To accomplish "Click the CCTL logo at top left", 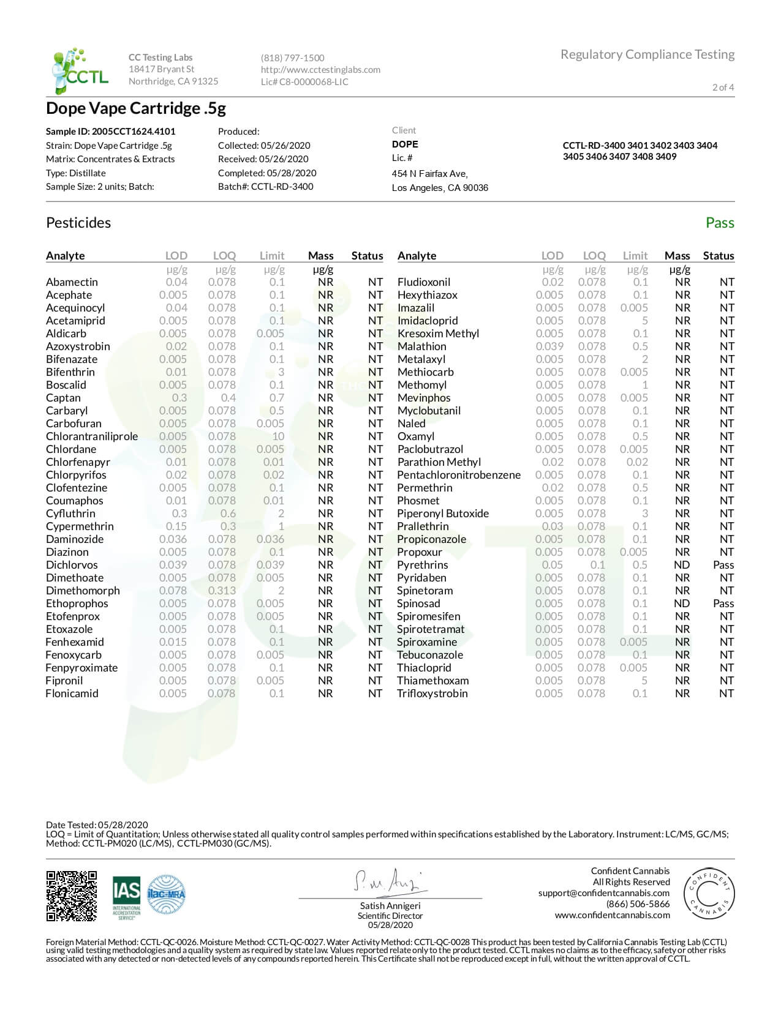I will pyautogui.click(x=80, y=70).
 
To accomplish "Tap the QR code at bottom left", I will pyautogui.click(x=72, y=896).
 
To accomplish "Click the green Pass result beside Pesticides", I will pyautogui.click(x=719, y=223).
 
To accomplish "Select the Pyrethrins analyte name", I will pyautogui.click(x=422, y=565).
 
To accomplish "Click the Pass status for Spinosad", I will pyautogui.click(x=723, y=604).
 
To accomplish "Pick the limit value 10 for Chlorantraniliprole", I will pyautogui.click(x=278, y=436).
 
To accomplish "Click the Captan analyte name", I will pyautogui.click(x=63, y=398).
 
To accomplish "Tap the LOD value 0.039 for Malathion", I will pyautogui.click(x=551, y=346).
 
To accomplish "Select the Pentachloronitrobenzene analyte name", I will pyautogui.click(x=459, y=475).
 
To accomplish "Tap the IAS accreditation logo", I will pyautogui.click(x=126, y=897).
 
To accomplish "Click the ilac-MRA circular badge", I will pyautogui.click(x=166, y=894).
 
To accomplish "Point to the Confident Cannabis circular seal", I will pyautogui.click(x=708, y=894).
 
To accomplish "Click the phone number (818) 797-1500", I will pyautogui.click(x=292, y=58).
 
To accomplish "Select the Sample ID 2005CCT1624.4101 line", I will pyautogui.click(x=110, y=132).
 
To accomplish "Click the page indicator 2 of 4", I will pyautogui.click(x=723, y=88).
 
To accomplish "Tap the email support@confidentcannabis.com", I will pyautogui.click(x=603, y=893).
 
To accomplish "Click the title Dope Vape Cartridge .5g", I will pyautogui.click(x=136, y=109).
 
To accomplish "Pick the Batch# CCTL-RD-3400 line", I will pyautogui.click(x=265, y=187).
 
